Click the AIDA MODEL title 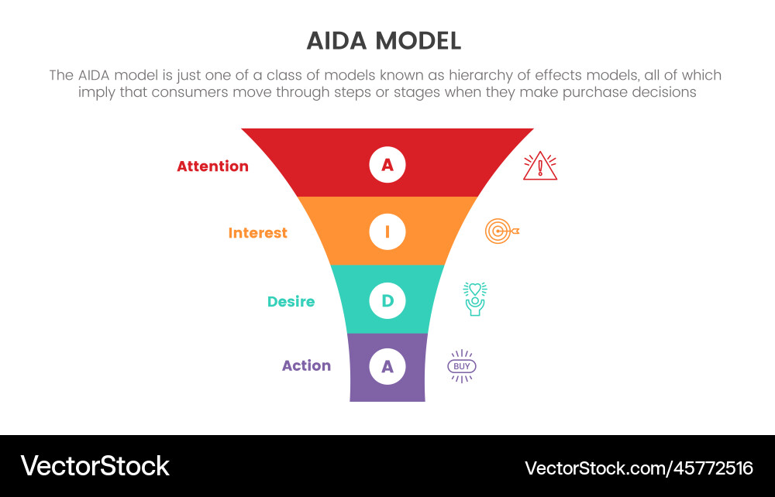(x=384, y=41)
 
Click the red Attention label (x=212, y=166)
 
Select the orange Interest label (x=257, y=233)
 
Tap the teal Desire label (x=291, y=302)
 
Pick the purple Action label (x=306, y=366)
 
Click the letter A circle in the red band (x=387, y=164)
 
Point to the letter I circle (x=387, y=231)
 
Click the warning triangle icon (x=540, y=166)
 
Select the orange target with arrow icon (x=501, y=231)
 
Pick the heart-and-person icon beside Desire (x=475, y=299)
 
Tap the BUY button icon (x=462, y=366)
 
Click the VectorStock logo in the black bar (x=95, y=466)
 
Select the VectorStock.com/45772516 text (x=639, y=468)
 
